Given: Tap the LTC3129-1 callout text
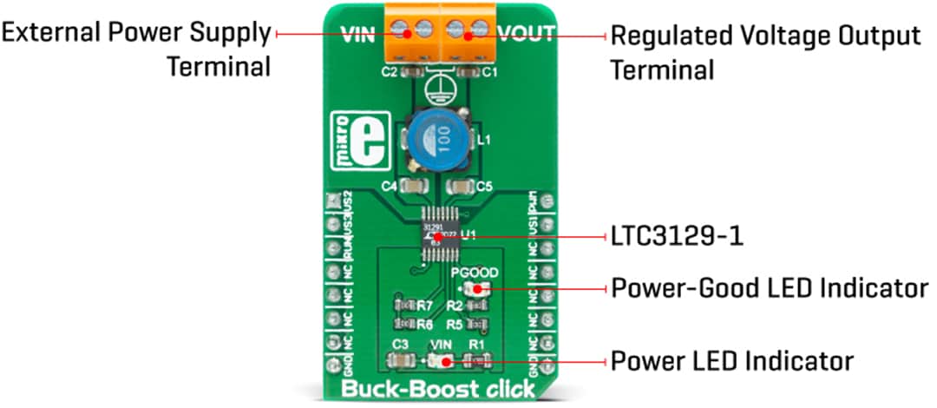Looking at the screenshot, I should [677, 236].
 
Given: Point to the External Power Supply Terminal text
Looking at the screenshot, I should [137, 49].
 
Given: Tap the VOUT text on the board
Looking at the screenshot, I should [525, 36].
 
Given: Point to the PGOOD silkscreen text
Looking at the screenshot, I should [473, 272].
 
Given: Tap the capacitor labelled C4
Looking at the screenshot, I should [411, 186].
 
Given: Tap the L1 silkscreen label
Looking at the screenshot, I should [482, 139].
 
